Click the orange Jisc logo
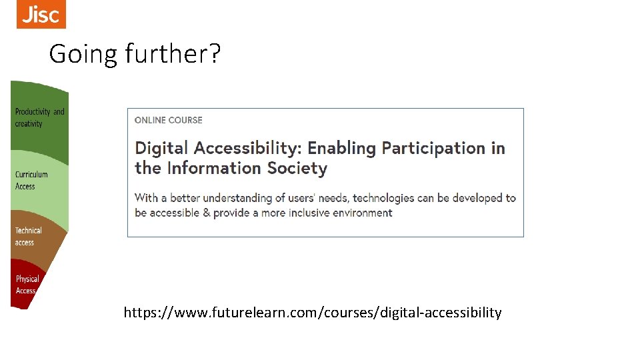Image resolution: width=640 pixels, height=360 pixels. pos(41,14)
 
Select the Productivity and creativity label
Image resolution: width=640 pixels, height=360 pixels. pos(39,117)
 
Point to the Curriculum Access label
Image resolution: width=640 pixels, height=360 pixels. pos(31,180)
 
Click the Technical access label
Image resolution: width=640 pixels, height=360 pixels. pos(28,236)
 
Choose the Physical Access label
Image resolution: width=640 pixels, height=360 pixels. pos(27,285)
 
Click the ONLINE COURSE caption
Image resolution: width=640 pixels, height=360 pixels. pos(168,120)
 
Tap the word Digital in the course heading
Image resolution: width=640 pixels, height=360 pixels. pos(161,148)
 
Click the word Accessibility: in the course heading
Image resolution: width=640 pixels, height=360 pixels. pos(247,148)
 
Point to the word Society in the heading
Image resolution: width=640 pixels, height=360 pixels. pos(297,168)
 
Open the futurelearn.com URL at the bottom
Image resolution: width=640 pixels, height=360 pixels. pos(312,312)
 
